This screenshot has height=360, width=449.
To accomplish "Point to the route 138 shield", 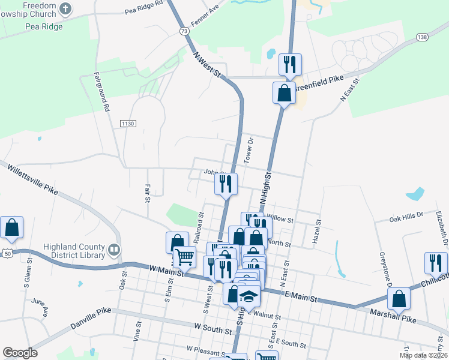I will [x=423, y=37].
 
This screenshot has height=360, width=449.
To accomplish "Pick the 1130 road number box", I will [x=128, y=123].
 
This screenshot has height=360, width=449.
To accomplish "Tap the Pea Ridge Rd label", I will [x=144, y=7].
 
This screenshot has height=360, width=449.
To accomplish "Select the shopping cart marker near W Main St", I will [x=184, y=256].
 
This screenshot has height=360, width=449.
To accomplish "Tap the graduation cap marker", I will [x=248, y=295].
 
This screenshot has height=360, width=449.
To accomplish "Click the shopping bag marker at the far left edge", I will [x=11, y=227].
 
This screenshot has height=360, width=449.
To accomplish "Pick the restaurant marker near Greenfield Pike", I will [x=290, y=64].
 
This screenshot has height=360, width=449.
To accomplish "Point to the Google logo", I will [x=20, y=352].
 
